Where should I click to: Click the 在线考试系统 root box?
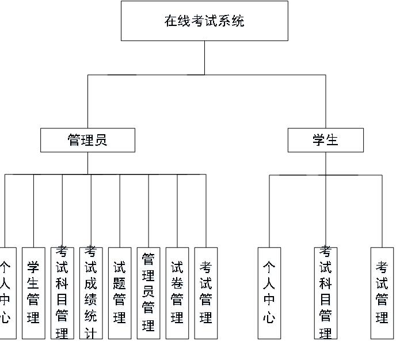204,21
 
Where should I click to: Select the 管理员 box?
87,140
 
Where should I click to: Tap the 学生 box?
326,140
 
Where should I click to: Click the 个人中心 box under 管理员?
6,293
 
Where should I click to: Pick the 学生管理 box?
33,293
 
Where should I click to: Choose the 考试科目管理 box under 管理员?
62,293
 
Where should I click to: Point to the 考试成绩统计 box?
91,293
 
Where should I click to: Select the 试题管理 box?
120,293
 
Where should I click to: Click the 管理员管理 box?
148,293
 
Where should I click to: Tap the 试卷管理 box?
177,293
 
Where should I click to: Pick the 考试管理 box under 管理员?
206,293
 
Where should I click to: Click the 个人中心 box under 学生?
269,293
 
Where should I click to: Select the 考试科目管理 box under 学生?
326,293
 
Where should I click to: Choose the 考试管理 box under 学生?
382,293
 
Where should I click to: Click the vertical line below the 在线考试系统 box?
204,58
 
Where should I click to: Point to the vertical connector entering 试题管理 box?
120,210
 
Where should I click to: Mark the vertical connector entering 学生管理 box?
33,210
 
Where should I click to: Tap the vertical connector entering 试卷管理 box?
177,210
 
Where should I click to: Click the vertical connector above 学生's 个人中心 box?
269,210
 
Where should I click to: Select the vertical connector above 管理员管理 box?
148,210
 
